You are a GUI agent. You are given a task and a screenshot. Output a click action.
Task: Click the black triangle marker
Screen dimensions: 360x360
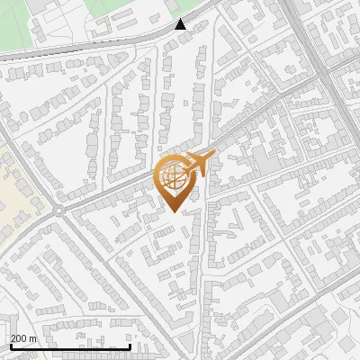tap(181, 24)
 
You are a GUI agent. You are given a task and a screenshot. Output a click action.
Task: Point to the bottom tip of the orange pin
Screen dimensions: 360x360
tap(175, 211)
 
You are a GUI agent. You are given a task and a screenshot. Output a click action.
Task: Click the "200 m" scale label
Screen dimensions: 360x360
tap(23, 338)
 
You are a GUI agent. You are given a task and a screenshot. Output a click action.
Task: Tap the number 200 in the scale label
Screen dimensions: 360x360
tap(18, 338)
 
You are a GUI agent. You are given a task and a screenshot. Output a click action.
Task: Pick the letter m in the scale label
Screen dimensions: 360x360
tap(33, 338)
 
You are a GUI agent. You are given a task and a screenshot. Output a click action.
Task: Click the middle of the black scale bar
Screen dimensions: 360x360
tap(70, 346)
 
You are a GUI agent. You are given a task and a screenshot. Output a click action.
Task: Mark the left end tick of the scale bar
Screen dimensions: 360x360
tap(10, 345)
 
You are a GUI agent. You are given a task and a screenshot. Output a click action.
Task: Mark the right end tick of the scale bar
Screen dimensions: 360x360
tap(130, 345)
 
